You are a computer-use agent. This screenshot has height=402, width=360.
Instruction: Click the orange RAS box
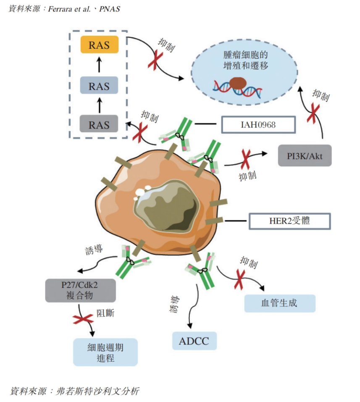pos(99,45)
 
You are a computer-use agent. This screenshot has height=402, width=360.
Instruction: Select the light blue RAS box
pos(99,86)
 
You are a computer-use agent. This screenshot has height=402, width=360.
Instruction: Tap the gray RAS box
pos(99,125)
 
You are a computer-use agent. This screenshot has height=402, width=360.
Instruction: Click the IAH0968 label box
pos(258,125)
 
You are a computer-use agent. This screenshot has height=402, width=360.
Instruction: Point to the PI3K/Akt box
pos(305,155)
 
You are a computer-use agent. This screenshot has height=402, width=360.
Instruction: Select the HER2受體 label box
pos(290,221)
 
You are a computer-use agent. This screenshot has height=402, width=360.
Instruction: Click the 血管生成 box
pos(279,303)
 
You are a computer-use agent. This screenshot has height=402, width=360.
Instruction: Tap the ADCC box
pos(194,340)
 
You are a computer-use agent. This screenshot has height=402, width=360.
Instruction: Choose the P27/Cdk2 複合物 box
pos(74,289)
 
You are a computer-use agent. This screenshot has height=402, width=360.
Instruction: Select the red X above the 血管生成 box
pos(240,279)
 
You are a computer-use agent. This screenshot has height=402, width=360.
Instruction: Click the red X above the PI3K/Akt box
pos(313,113)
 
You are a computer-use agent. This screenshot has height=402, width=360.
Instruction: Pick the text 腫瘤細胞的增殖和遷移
pos(246,60)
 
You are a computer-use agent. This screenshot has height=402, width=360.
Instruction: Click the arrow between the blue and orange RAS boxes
pos(99,66)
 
